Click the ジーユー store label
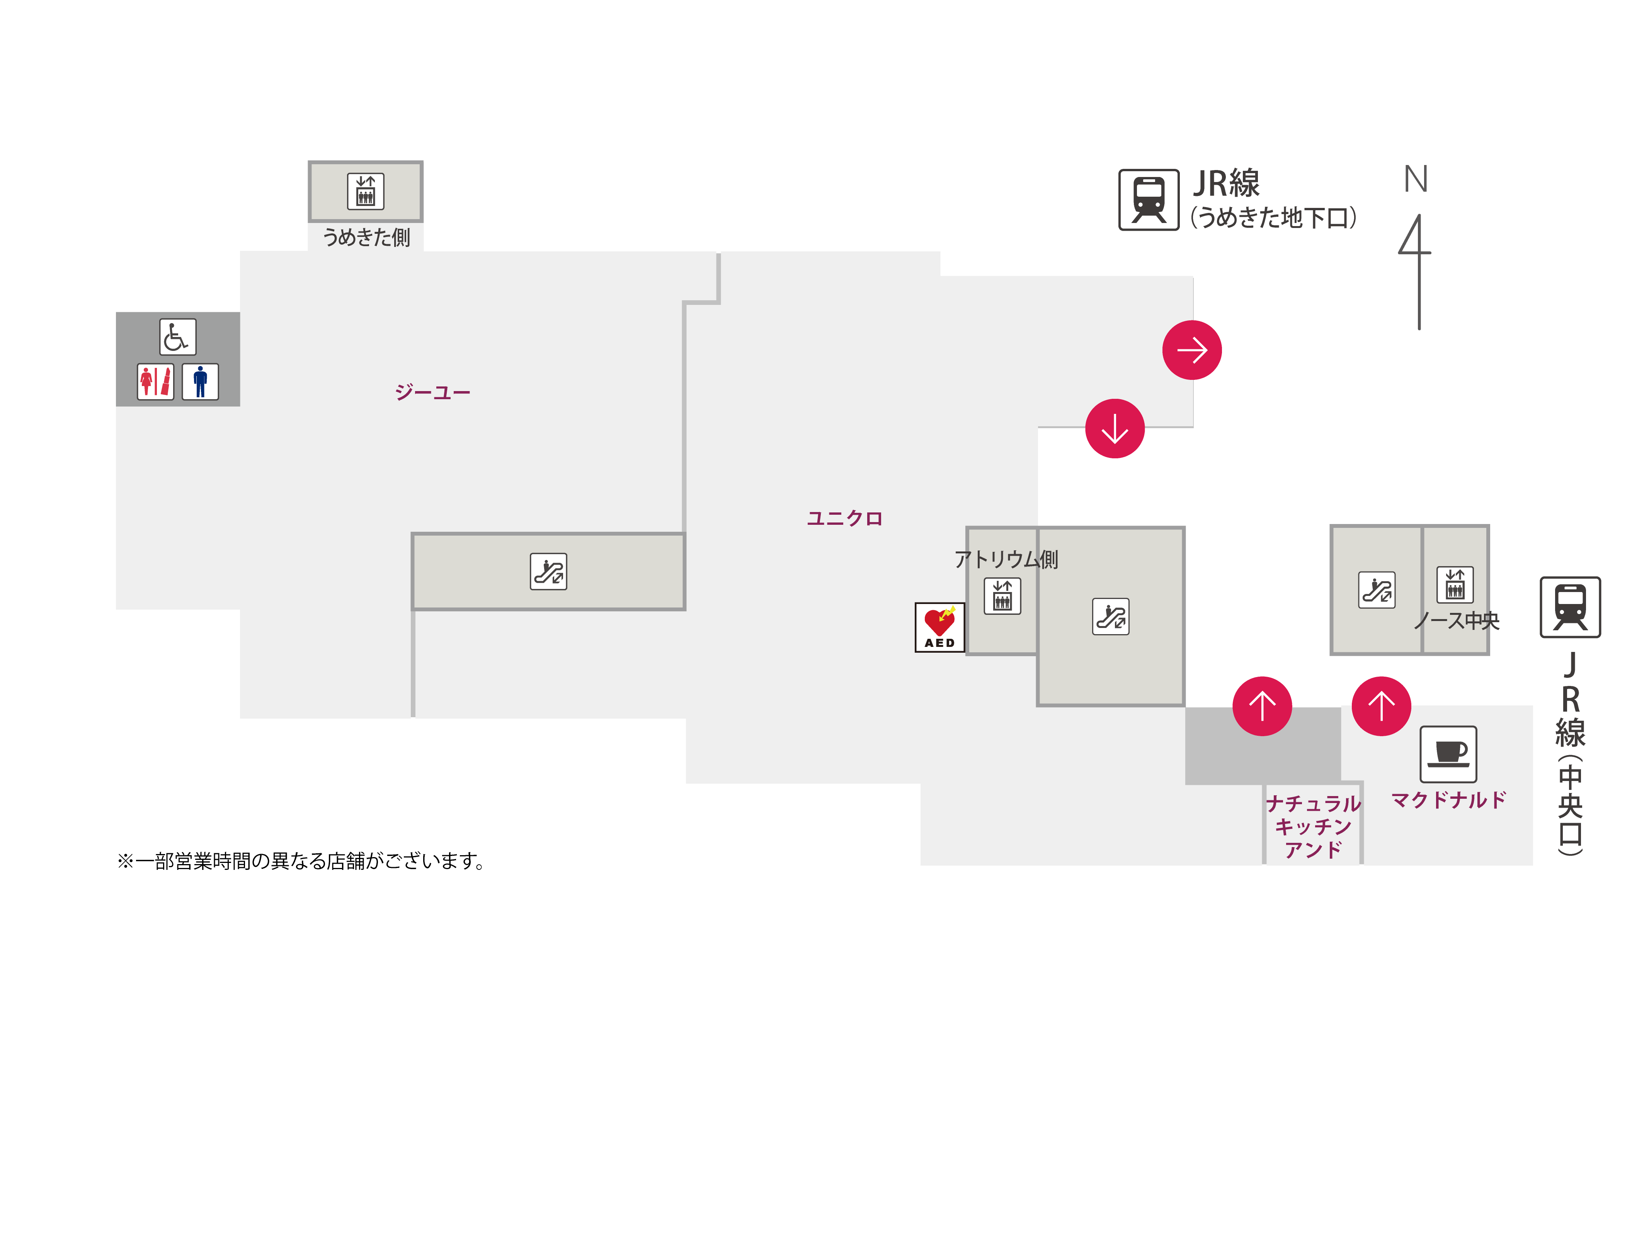[432, 392]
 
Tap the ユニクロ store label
[845, 518]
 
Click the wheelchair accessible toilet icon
[177, 337]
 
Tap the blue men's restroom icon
[200, 382]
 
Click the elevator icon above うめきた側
[365, 191]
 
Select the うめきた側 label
[366, 237]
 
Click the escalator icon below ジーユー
[548, 572]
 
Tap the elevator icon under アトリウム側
[1002, 596]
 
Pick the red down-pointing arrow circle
[1115, 429]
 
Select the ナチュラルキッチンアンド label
[1313, 826]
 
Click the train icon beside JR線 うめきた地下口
[1149, 200]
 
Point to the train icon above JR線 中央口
[1570, 607]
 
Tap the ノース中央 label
[1456, 620]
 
